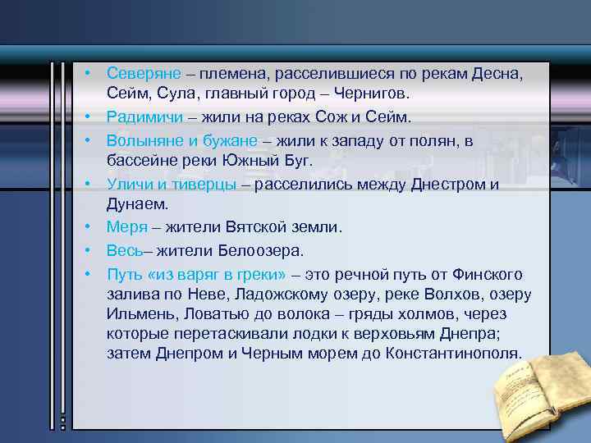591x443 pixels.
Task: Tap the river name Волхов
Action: coord(444,294)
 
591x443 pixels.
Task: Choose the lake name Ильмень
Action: coord(138,313)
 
